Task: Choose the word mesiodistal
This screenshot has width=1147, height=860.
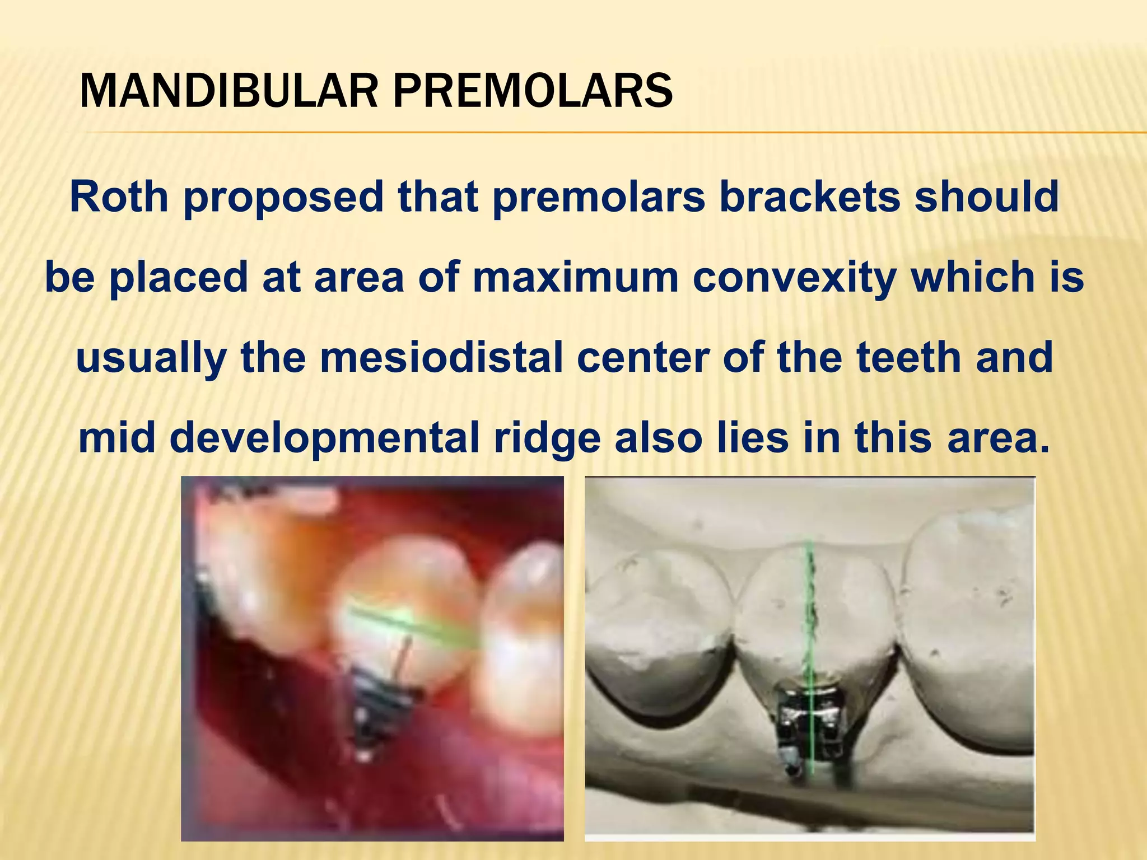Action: click(x=441, y=358)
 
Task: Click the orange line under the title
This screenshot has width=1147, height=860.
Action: click(x=616, y=133)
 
